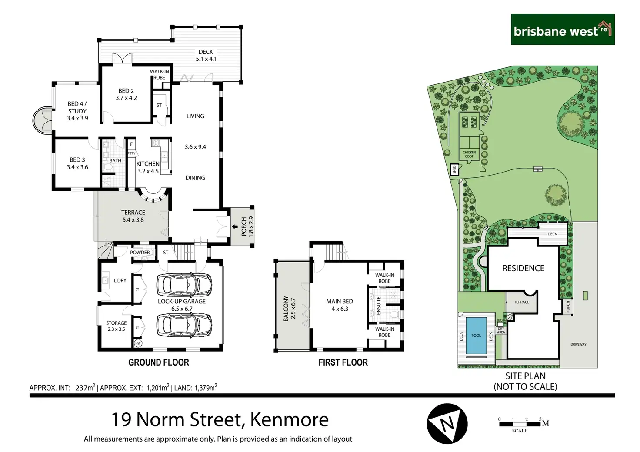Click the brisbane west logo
point(562,30)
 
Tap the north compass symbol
point(447,423)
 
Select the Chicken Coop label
point(469,154)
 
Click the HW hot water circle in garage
point(138,343)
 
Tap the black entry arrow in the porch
point(235,226)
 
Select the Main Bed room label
point(340,305)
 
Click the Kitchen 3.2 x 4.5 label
point(148,167)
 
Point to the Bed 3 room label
point(77,163)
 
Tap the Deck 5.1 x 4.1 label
point(206,55)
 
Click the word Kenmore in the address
point(289,420)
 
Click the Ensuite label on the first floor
point(379,306)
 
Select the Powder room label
point(140,253)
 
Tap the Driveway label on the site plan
point(578,344)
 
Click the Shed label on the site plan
point(454,169)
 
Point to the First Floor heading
point(343,362)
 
